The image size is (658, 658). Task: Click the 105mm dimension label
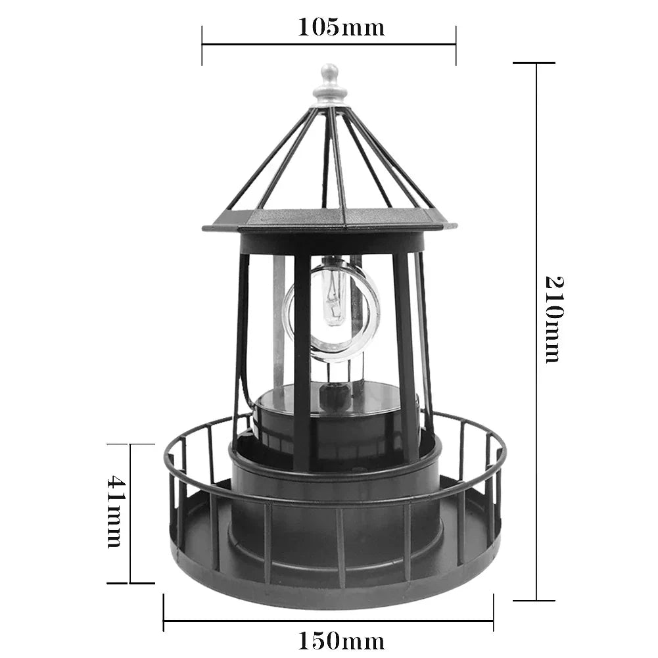tap(341, 27)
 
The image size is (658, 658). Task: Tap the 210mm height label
tap(553, 319)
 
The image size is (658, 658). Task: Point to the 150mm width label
tap(341, 640)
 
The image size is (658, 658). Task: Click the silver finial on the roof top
tap(329, 84)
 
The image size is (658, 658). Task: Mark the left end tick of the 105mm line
tap(202, 45)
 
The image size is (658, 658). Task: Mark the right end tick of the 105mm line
tap(456, 45)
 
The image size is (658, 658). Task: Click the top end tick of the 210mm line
tap(534, 63)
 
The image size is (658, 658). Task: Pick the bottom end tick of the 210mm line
tap(534, 600)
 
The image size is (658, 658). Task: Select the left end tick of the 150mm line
tap(164, 612)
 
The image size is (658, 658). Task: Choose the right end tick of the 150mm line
tap(493, 612)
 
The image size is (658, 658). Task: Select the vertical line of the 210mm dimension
tap(536, 197)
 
